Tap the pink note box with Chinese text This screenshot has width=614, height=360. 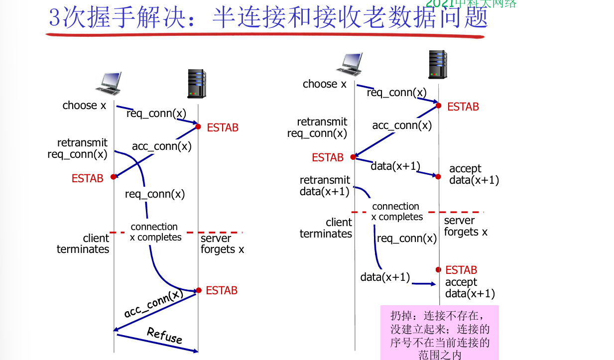[439, 332]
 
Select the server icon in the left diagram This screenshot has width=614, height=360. [197, 83]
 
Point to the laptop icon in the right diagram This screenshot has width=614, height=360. [356, 64]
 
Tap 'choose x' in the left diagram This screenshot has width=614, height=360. [84, 106]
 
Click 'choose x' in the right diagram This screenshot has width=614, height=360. [324, 84]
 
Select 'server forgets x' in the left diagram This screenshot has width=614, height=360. [222, 243]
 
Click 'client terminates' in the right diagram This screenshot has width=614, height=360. [326, 228]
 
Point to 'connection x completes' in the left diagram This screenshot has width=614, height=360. [155, 232]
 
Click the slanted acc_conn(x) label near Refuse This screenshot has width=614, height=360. [153, 304]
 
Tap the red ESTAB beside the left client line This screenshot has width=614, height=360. [87, 178]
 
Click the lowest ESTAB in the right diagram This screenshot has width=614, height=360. [461, 270]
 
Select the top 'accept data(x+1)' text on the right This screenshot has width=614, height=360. [474, 174]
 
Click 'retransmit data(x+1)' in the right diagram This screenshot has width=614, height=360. [325, 186]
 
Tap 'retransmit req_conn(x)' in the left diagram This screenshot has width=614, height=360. [78, 148]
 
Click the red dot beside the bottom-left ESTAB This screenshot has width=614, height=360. [198, 290]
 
